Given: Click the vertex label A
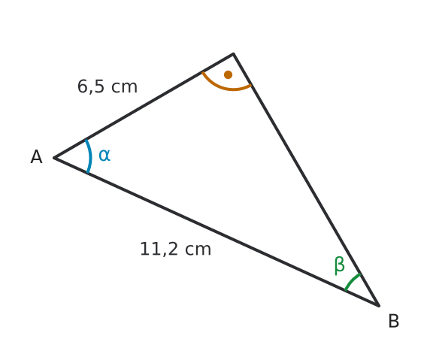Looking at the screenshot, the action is tap(36, 157).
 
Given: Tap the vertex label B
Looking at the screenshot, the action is tap(393, 321).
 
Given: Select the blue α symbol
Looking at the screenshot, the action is tap(104, 155).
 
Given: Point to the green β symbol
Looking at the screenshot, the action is tap(339, 265).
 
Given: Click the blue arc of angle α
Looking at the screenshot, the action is tap(90, 156).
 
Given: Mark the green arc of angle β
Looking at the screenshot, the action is tap(352, 281).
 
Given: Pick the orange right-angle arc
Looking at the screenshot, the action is tap(226, 88).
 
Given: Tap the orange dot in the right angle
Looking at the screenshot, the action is tap(228, 74).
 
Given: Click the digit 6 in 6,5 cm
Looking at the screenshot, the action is tap(83, 86).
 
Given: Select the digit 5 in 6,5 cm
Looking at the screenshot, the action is tap(99, 86).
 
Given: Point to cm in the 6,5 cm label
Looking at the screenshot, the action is tap(124, 87).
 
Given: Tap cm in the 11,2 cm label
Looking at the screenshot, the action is tap(198, 250).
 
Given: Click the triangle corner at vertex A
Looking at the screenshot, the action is tap(54, 158).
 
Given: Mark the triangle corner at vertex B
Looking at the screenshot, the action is tap(379, 306).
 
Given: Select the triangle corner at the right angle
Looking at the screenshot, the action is tap(234, 53).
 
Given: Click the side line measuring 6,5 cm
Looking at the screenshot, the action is tap(144, 106).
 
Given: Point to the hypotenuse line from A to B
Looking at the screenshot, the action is tap(216, 232).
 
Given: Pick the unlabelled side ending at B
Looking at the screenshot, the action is tap(306, 180).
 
